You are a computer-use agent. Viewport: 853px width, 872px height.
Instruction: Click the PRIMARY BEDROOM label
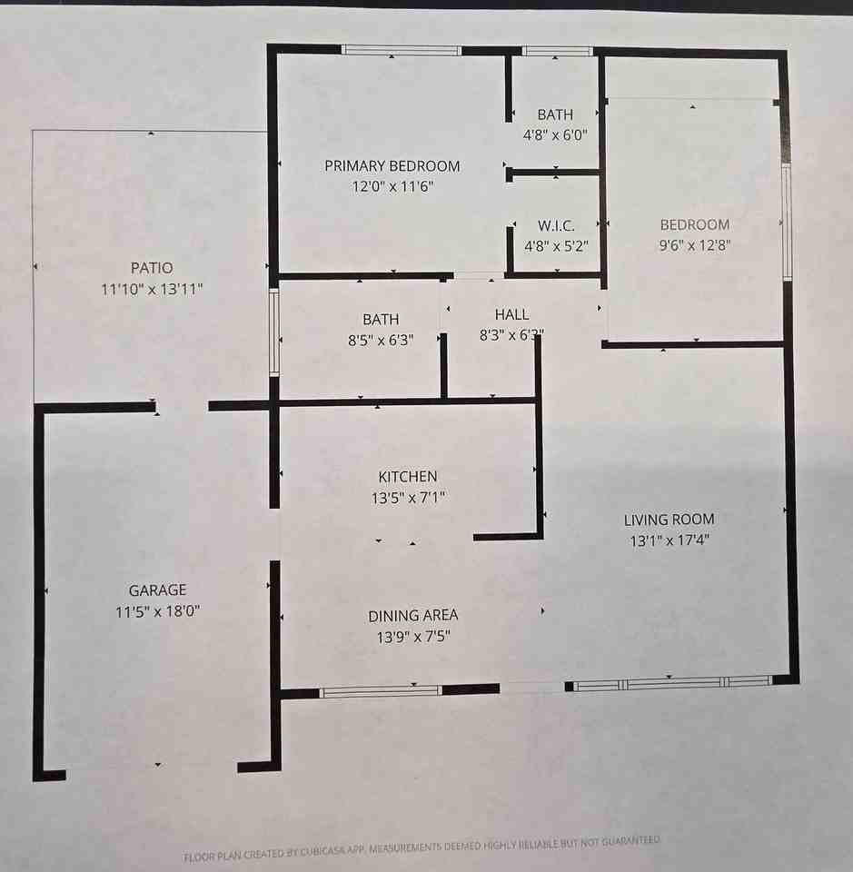[x=392, y=166]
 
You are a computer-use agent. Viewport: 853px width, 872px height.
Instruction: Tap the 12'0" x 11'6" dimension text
[x=392, y=187]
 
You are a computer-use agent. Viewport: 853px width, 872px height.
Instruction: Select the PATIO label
[x=151, y=268]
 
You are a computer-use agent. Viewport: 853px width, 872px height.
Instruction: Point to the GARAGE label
[x=157, y=590]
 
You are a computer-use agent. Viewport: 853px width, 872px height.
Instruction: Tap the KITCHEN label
[x=408, y=476]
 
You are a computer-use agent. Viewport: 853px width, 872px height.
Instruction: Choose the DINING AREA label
[x=412, y=615]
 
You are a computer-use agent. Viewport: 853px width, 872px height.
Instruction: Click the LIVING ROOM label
[x=669, y=520]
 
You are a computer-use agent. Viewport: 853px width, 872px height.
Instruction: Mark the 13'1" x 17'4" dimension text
[x=669, y=541]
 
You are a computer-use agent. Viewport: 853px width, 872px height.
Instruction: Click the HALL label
[x=511, y=314]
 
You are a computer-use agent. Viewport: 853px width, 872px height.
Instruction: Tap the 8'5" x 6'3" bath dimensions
[x=381, y=342]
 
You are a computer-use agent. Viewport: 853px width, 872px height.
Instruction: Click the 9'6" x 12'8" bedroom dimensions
[x=694, y=245]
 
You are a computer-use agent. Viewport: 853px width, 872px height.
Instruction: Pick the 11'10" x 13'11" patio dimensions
[x=151, y=290]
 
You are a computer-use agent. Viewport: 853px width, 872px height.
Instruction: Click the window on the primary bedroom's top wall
[x=401, y=51]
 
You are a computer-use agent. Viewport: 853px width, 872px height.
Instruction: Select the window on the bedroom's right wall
[x=787, y=223]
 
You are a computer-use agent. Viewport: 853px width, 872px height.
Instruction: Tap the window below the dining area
[x=380, y=691]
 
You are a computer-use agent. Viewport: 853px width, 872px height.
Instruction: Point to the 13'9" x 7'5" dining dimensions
[x=412, y=637]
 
